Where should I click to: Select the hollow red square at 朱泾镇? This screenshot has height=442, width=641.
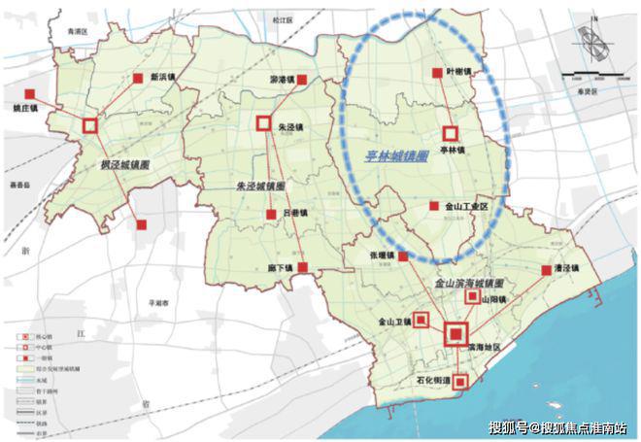click(x=261, y=123)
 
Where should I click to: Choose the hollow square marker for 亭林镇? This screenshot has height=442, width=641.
click(x=450, y=133)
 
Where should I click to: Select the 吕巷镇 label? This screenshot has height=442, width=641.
click(x=292, y=214)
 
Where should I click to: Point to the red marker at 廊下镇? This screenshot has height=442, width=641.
click(x=304, y=266)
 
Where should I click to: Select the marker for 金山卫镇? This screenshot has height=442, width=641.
click(x=422, y=319)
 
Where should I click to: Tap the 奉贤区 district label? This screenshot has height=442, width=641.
click(x=592, y=88)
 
